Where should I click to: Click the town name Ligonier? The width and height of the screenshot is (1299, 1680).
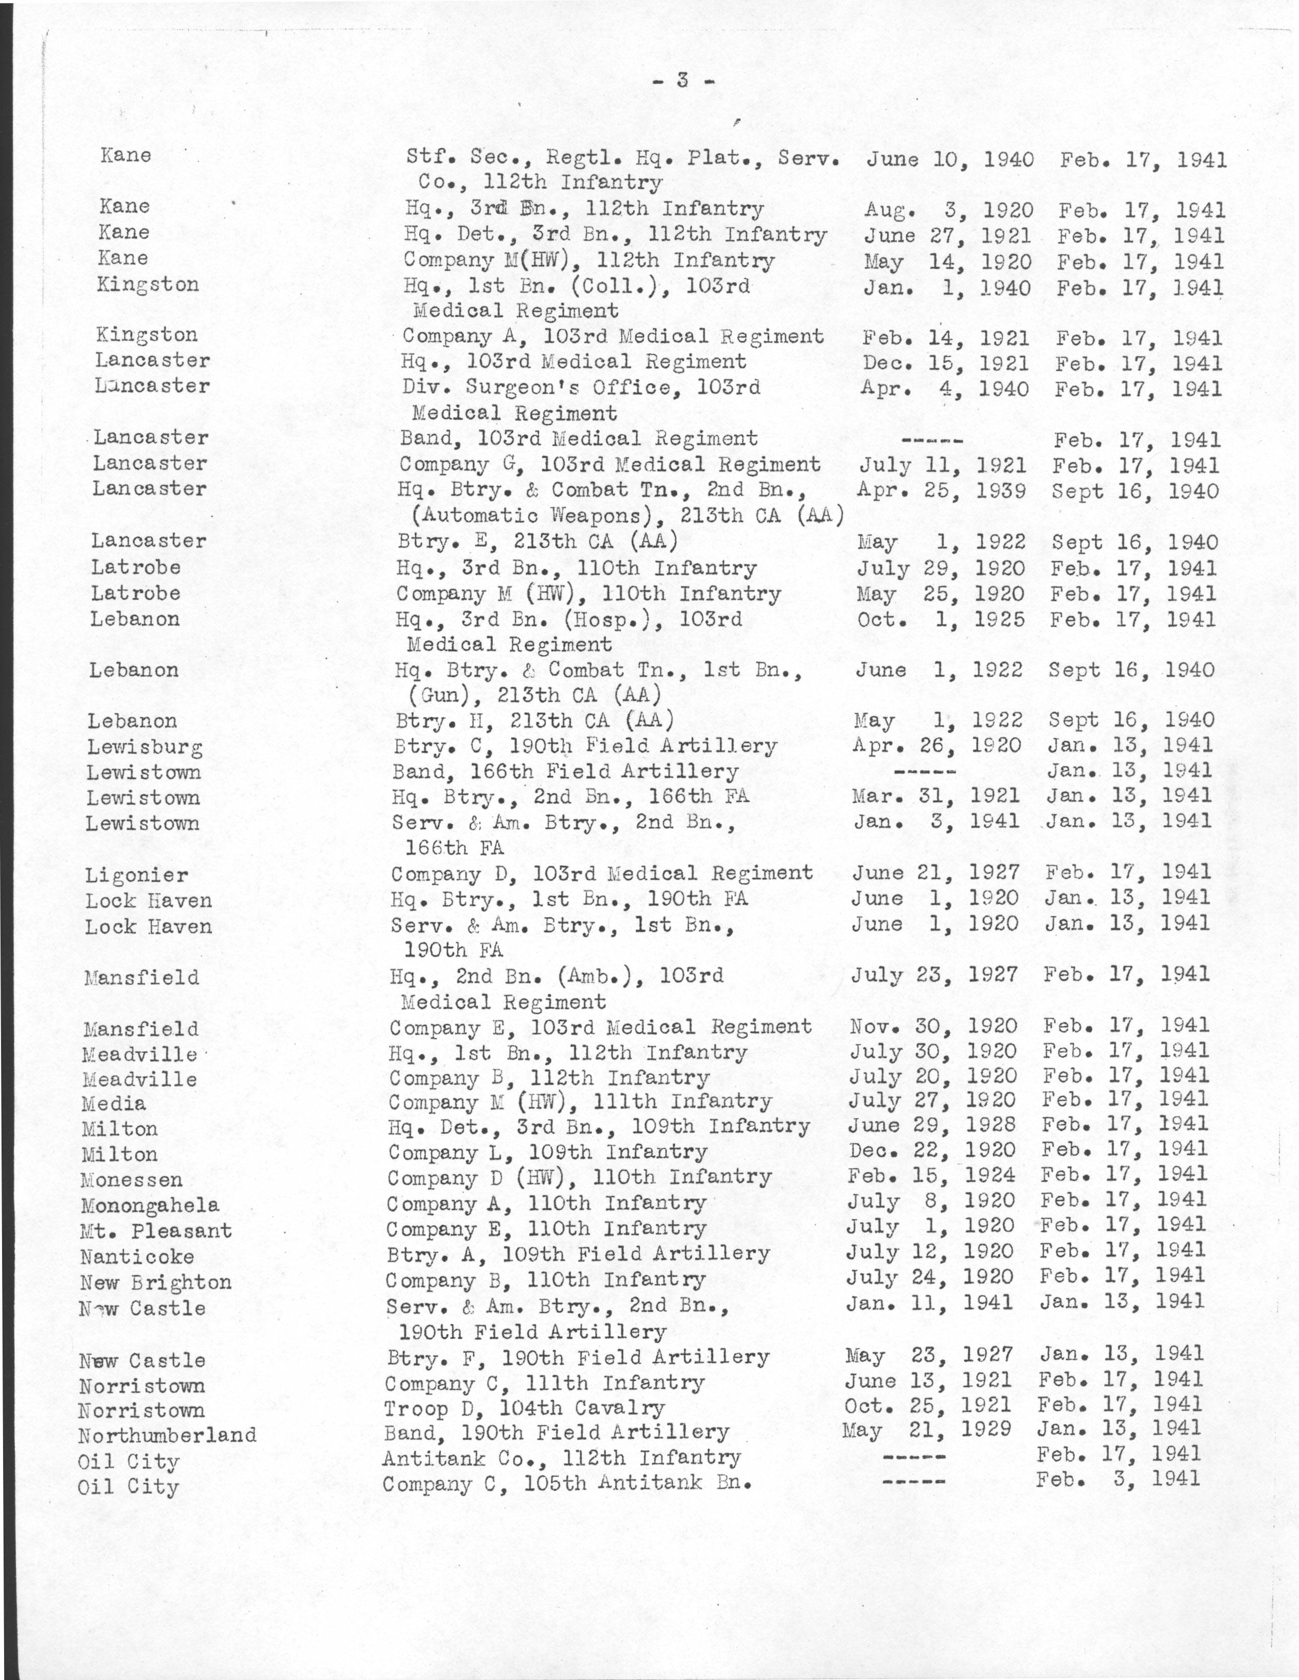pos(136,876)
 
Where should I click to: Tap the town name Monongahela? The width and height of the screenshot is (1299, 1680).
pos(149,1206)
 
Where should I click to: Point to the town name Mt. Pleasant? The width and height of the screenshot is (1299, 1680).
pos(155,1231)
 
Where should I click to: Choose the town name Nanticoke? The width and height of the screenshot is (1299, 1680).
pos(137,1257)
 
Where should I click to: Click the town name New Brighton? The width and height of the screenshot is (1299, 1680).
pos(155,1282)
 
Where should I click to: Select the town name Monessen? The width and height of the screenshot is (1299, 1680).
pos(131,1180)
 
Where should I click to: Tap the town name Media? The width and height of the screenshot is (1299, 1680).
pos(114,1104)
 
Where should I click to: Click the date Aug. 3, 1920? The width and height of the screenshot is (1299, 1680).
pos(948,210)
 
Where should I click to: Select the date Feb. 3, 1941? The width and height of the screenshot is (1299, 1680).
pos(1117,1478)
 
